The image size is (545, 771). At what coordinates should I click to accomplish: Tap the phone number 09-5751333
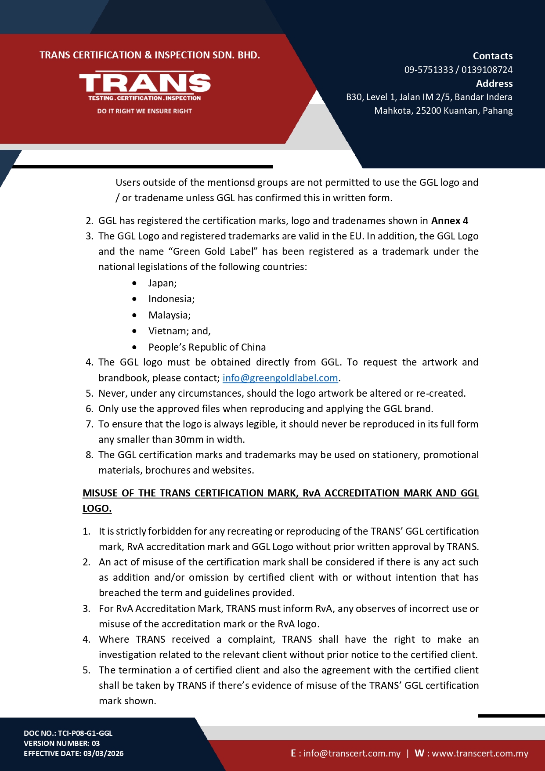pyautogui.click(x=428, y=70)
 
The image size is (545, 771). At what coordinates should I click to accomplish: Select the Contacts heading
pyautogui.click(x=492, y=56)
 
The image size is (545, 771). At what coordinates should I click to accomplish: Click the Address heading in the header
pyautogui.click(x=494, y=83)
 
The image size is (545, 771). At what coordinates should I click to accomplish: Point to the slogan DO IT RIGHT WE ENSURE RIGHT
pyautogui.click(x=144, y=111)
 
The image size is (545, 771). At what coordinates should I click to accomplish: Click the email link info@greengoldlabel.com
pyautogui.click(x=280, y=378)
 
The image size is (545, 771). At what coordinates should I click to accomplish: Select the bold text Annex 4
pyautogui.click(x=450, y=221)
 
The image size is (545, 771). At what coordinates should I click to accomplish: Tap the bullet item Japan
pyautogui.click(x=162, y=283)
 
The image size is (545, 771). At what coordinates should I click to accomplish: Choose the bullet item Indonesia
pyautogui.click(x=171, y=299)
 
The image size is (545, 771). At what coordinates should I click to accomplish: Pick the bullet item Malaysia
pyautogui.click(x=170, y=315)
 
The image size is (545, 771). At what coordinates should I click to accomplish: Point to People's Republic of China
pyautogui.click(x=207, y=347)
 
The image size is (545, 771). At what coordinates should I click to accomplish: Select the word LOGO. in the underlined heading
pyautogui.click(x=97, y=508)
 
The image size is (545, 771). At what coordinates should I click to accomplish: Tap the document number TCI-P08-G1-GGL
pyautogui.click(x=85, y=733)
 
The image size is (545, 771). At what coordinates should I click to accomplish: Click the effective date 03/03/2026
pyautogui.click(x=103, y=753)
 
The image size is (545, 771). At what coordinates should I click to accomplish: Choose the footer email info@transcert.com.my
pyautogui.click(x=352, y=753)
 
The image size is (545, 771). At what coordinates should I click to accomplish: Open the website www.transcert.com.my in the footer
pyautogui.click(x=480, y=753)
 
